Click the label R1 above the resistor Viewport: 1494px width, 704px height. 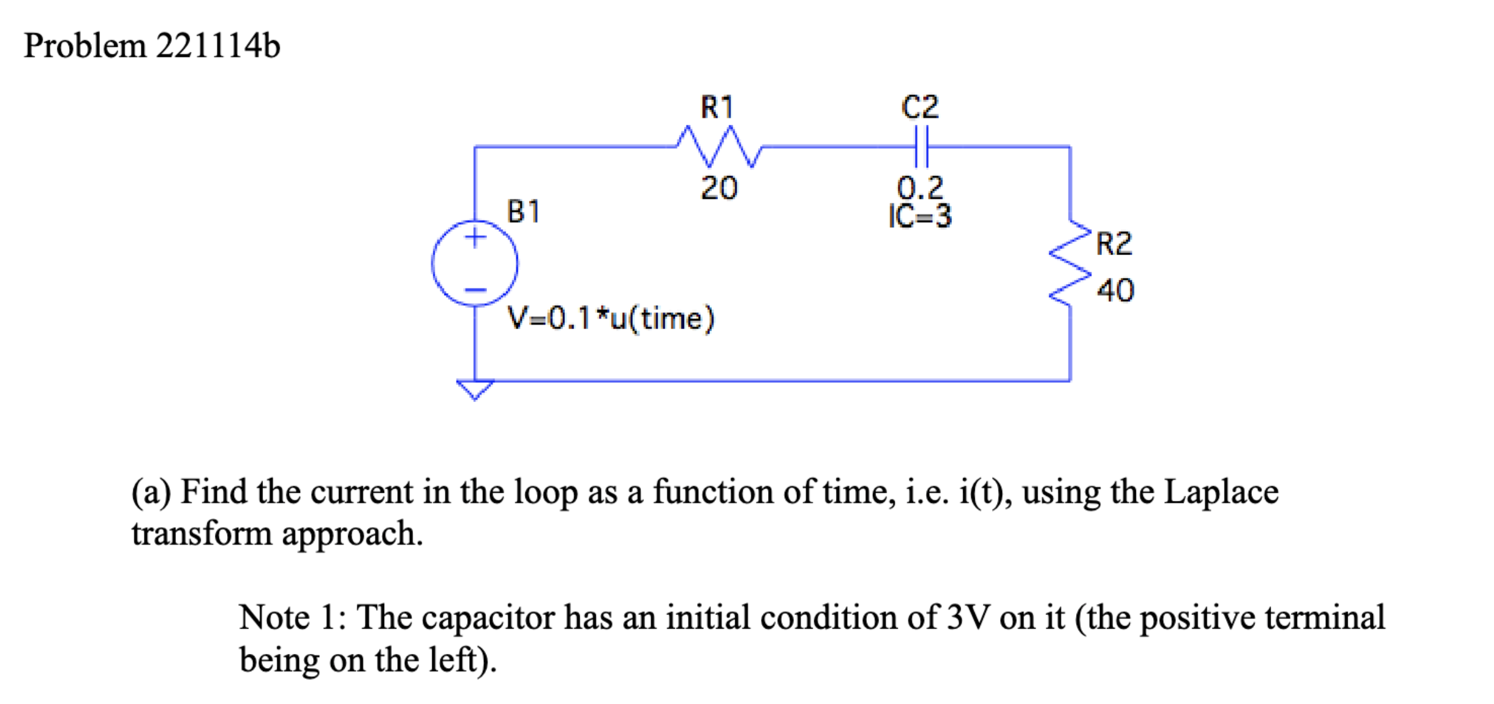point(717,107)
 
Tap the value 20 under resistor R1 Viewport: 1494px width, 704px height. point(719,188)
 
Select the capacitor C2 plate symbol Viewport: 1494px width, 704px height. point(921,147)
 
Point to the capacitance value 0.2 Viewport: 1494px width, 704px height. point(920,187)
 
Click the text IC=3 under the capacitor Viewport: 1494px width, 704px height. point(920,216)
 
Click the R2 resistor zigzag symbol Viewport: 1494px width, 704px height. point(1070,262)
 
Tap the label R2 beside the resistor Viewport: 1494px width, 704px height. point(1114,243)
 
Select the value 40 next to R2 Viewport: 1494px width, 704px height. point(1116,290)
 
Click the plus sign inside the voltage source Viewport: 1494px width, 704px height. point(475,238)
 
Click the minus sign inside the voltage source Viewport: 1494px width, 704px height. point(475,290)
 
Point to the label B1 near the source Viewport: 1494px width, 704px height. point(523,211)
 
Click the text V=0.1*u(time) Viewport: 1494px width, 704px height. point(611,319)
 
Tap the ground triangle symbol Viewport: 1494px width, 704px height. point(475,390)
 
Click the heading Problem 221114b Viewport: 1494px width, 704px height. point(152,46)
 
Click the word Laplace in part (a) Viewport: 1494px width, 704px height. point(1221,493)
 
